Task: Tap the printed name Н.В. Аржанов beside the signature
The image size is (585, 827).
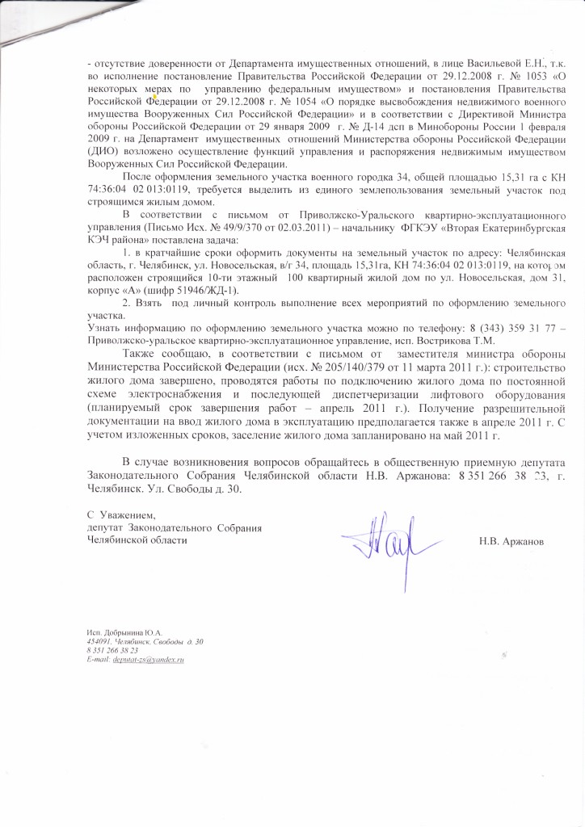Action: [511, 540]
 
